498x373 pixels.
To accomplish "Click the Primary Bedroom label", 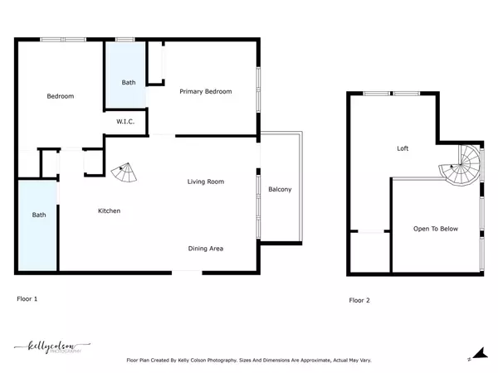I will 206,91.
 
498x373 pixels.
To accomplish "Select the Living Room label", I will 205,182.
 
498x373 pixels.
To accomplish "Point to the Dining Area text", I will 205,248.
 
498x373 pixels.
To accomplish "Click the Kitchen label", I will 109,211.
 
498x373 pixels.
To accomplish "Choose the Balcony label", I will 280,190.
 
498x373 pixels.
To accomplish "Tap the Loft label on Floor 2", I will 403,148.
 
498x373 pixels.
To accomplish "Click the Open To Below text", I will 436,229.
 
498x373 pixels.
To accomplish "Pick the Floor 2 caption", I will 359,300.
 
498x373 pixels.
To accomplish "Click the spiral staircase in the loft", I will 461,167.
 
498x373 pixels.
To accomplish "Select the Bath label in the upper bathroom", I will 129,82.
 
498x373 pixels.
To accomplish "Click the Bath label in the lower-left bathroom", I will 39,215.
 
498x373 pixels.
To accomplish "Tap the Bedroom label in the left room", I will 60,96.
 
